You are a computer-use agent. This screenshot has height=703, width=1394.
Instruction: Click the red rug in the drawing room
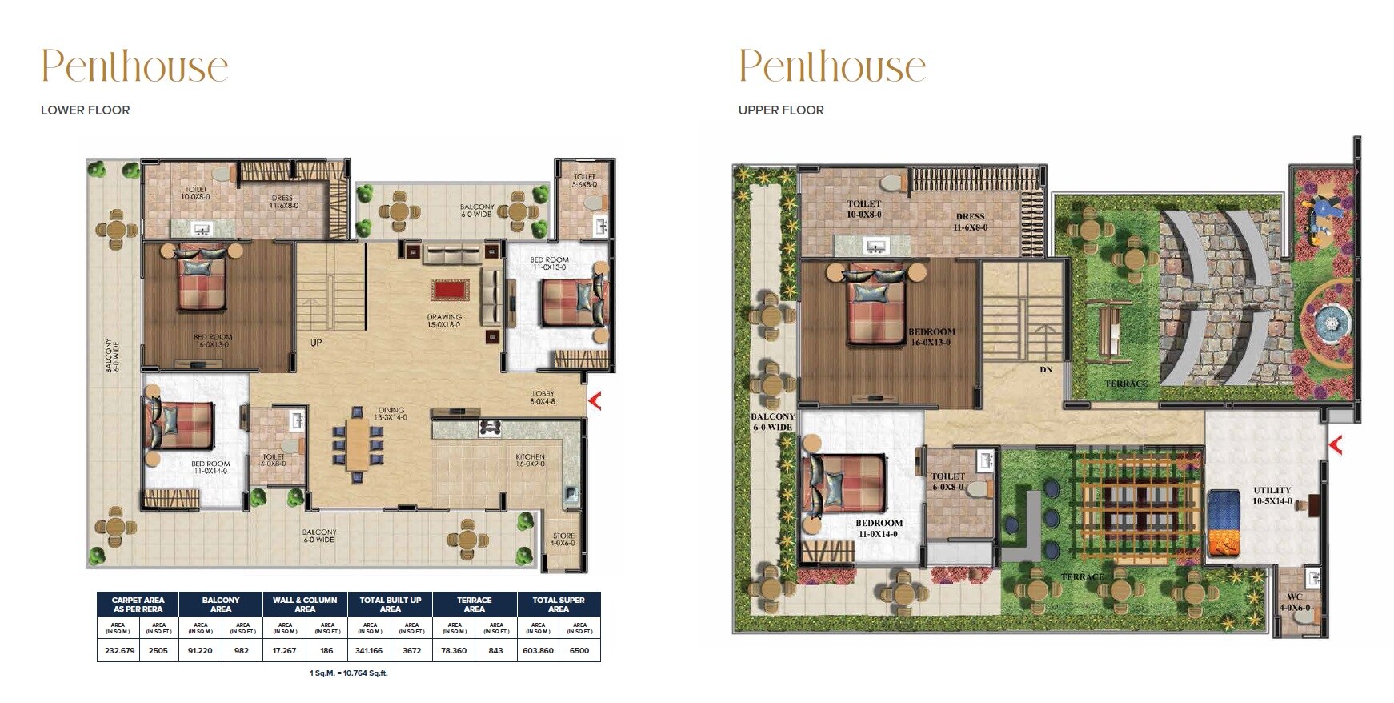(450, 289)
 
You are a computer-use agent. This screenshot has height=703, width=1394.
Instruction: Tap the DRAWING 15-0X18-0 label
(444, 321)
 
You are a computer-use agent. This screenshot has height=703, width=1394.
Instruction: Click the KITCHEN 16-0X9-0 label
(530, 460)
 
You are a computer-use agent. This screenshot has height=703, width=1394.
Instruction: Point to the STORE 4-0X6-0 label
(563, 540)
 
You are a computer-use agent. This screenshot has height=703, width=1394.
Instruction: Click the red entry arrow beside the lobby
(595, 400)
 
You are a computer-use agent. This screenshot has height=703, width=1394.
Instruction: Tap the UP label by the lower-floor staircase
(316, 343)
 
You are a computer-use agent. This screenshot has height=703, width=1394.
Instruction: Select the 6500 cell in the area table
(579, 650)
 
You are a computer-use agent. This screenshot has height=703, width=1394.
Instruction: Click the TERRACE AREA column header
(474, 605)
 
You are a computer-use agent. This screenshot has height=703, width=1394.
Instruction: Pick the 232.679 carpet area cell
(119, 650)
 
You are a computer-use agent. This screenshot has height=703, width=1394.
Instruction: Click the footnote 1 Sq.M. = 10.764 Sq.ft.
(348, 673)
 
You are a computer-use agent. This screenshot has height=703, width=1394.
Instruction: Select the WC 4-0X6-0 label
(1295, 602)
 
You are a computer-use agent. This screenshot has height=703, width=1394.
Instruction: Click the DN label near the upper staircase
(1046, 370)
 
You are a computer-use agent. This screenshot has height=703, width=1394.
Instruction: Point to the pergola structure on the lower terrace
(1136, 506)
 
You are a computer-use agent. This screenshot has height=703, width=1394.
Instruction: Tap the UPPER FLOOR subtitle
(780, 110)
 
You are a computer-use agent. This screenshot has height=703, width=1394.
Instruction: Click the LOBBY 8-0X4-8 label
(543, 397)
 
